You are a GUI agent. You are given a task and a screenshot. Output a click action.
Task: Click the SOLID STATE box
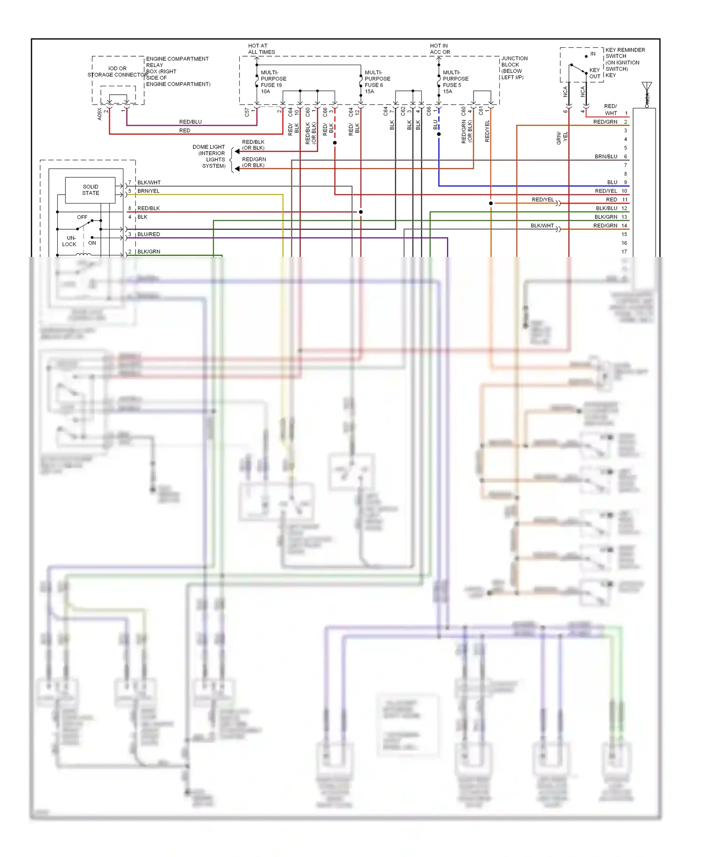click(90, 190)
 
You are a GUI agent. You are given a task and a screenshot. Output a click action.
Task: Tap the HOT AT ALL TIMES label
click(261, 49)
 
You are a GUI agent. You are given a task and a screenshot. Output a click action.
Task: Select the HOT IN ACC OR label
click(440, 49)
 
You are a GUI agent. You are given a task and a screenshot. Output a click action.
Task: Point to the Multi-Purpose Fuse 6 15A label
click(377, 82)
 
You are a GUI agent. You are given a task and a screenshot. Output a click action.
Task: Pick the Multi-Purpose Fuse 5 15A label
click(455, 82)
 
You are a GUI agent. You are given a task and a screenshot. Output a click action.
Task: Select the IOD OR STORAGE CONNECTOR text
click(117, 71)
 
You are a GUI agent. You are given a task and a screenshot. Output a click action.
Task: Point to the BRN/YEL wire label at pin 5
click(148, 191)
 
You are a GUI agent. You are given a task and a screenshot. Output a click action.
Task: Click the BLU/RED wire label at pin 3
click(148, 234)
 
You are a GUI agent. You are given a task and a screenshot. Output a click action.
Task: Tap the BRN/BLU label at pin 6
click(605, 157)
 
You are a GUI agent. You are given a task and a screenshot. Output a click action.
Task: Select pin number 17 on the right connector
click(624, 251)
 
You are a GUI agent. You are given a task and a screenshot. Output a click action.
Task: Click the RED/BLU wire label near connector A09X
click(190, 122)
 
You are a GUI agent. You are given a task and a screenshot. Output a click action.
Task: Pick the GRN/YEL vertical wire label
click(562, 137)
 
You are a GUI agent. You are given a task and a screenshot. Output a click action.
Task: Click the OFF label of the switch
click(82, 217)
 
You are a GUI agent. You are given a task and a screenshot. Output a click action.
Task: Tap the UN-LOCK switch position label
click(70, 241)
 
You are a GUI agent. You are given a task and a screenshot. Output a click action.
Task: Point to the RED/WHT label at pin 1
click(611, 110)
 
